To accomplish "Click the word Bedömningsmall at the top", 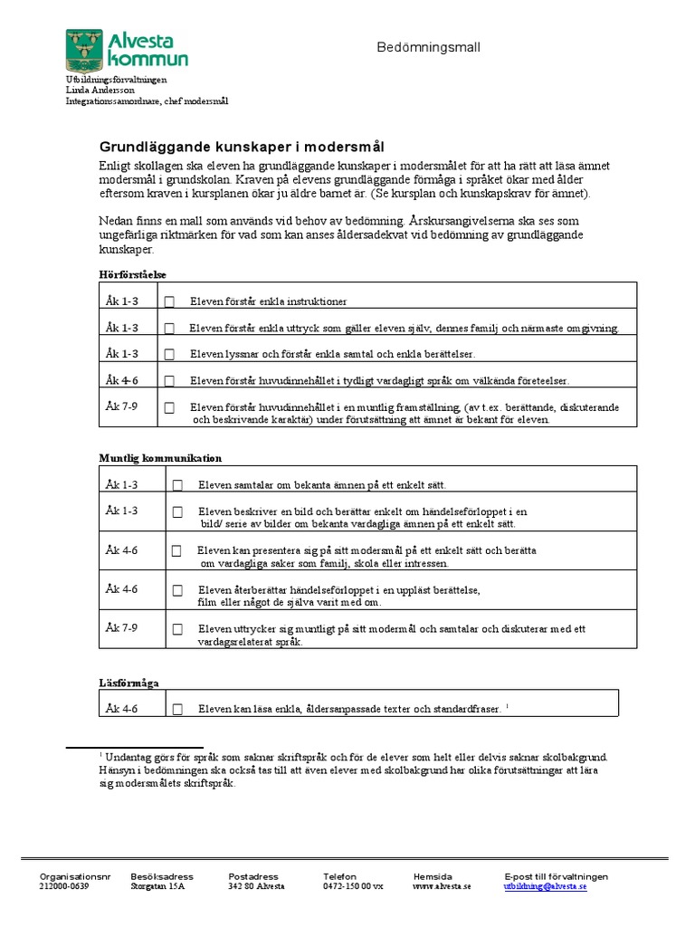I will point(428,47).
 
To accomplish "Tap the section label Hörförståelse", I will point(132,273).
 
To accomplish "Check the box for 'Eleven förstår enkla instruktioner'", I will point(169,302).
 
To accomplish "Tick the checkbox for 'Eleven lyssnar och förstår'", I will point(169,355).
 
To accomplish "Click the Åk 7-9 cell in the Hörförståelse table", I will point(121,406).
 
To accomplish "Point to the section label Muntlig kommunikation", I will point(160,458).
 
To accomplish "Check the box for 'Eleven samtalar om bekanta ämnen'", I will point(177,486).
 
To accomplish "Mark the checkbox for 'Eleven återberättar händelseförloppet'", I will point(177,590).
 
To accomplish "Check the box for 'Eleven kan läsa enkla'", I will point(177,710).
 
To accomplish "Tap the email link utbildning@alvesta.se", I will point(545,887).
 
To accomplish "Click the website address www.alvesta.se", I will point(442,887).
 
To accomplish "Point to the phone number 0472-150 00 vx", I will point(353,887).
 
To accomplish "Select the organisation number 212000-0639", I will point(64,887).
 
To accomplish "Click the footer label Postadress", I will point(252,876).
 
